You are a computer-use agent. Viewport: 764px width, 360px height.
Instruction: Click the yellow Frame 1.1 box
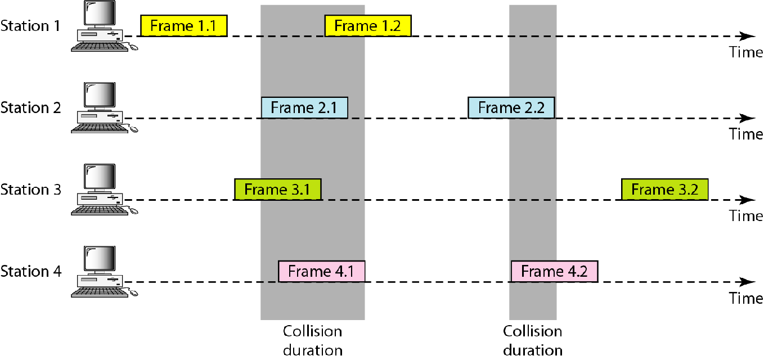183,26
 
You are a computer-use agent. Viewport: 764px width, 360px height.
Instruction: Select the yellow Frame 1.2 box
368,26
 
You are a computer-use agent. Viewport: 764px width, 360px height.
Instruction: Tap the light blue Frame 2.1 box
304,107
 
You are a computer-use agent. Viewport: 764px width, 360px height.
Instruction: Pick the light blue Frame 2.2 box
511,107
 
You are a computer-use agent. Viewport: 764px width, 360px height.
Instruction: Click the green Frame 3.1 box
277,189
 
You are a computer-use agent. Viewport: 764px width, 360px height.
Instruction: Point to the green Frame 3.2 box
664,189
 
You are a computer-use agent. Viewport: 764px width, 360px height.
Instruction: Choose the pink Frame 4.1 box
322,271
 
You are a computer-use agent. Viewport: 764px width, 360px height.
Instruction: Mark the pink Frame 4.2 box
554,271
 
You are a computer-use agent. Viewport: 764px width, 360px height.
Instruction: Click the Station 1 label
30,25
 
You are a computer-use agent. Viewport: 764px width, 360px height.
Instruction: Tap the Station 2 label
30,107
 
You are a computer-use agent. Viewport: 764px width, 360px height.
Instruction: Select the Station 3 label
30,190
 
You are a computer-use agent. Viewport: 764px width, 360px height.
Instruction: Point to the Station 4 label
30,272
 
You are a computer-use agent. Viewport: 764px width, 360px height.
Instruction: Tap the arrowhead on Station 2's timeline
748,118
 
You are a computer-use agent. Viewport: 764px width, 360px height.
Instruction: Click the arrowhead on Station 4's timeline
748,282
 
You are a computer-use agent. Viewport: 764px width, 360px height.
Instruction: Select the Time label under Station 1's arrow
746,52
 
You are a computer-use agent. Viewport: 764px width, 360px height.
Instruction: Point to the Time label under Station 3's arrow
746,216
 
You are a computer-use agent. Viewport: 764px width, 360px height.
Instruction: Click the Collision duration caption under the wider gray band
312,340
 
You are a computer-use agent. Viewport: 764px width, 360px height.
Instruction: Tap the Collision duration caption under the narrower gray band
532,340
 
